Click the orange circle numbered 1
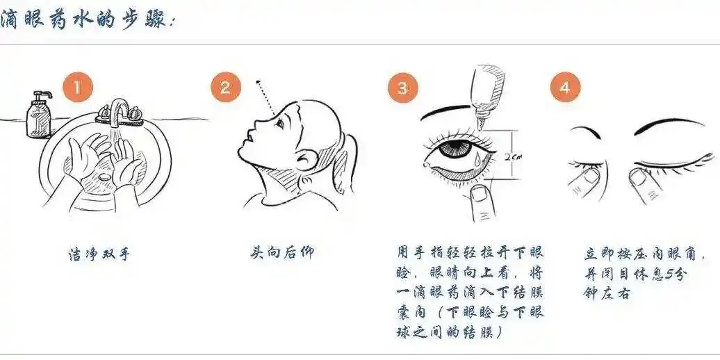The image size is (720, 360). point(79,88)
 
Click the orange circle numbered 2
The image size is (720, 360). point(225,88)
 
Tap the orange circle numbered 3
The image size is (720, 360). point(402,88)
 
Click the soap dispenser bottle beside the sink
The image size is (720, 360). point(38,115)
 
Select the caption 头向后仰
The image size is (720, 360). point(281,252)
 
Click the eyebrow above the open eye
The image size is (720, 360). point(452,111)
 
